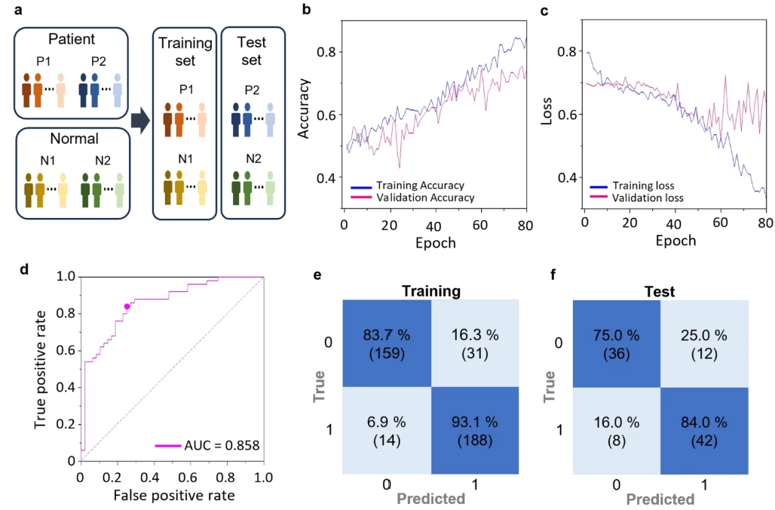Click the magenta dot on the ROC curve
(127, 306)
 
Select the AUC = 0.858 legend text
(222, 446)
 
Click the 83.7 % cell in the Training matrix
(387, 344)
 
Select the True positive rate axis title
(43, 369)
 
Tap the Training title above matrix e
(431, 290)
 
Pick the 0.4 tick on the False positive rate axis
(154, 478)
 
